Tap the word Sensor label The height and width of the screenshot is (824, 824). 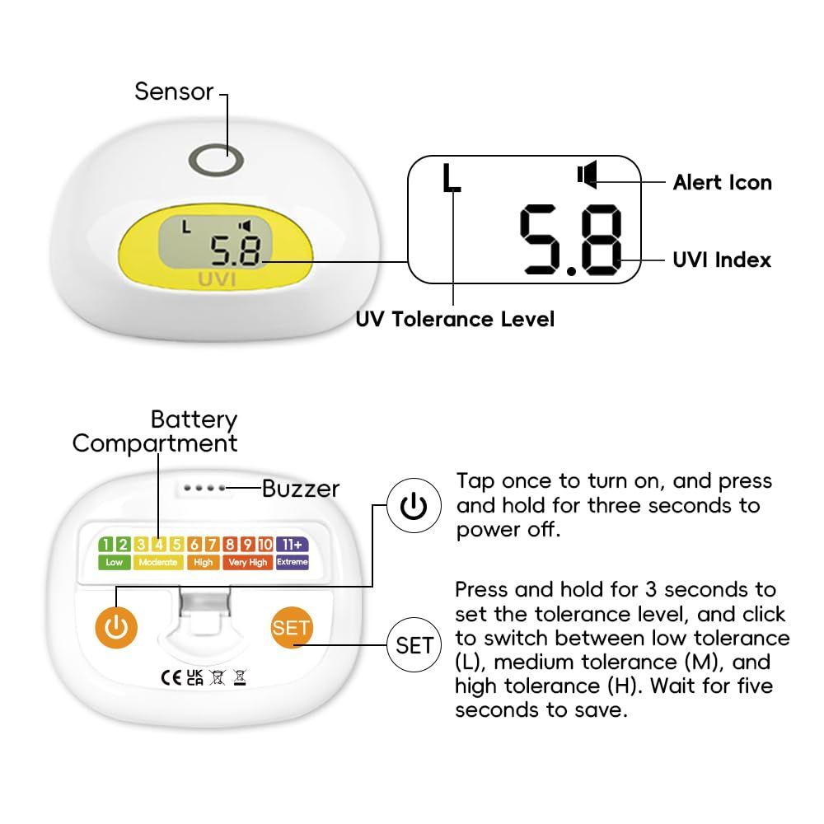pyautogui.click(x=174, y=91)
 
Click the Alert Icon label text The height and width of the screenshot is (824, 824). pyautogui.click(x=722, y=182)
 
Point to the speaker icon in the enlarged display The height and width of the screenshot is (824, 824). pyautogui.click(x=587, y=174)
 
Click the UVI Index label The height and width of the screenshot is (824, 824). pyautogui.click(x=722, y=260)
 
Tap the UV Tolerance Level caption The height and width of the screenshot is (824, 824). pyautogui.click(x=455, y=319)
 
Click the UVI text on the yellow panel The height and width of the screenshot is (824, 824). pyautogui.click(x=217, y=279)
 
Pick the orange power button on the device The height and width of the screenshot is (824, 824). pyautogui.click(x=116, y=627)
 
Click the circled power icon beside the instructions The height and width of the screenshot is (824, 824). pyautogui.click(x=414, y=506)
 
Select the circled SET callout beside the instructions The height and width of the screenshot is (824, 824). pyautogui.click(x=414, y=645)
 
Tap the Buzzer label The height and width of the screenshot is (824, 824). pyautogui.click(x=301, y=489)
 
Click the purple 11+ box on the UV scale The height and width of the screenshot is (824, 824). pyautogui.click(x=293, y=545)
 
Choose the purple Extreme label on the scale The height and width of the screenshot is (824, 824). pyautogui.click(x=293, y=562)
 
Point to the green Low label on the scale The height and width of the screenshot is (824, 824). pyautogui.click(x=114, y=562)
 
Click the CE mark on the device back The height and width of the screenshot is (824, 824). pyautogui.click(x=171, y=678)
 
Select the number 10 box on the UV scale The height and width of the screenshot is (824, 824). pyautogui.click(x=265, y=545)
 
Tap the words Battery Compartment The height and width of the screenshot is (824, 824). pyautogui.click(x=155, y=432)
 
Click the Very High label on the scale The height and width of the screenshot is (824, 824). pyautogui.click(x=247, y=562)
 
